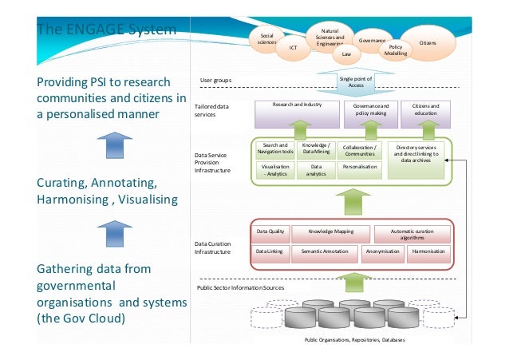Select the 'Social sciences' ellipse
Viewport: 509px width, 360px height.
click(268, 38)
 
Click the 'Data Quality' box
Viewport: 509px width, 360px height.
click(270, 232)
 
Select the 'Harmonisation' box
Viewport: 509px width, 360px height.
click(429, 252)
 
